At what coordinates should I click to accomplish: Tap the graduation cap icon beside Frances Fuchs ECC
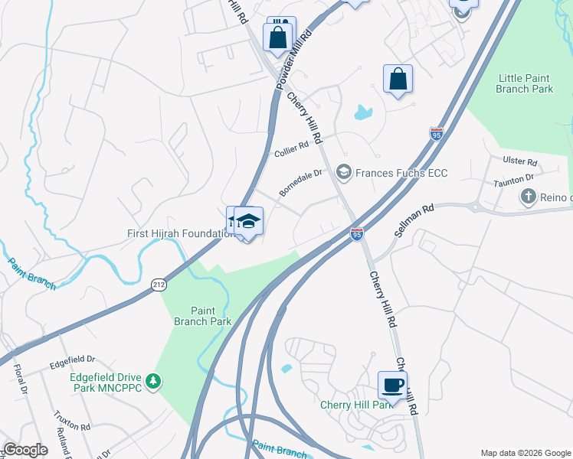343,173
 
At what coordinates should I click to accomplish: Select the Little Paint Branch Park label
525,83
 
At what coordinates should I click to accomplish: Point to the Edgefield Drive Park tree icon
154,381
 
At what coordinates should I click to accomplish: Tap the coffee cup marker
392,385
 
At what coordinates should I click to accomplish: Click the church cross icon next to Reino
528,197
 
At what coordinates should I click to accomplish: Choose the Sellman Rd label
414,219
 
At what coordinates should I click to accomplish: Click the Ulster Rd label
521,162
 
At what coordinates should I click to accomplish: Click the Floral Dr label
20,379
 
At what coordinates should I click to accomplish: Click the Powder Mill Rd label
296,57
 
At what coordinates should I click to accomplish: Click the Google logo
25,450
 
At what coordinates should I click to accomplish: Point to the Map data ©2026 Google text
524,453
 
